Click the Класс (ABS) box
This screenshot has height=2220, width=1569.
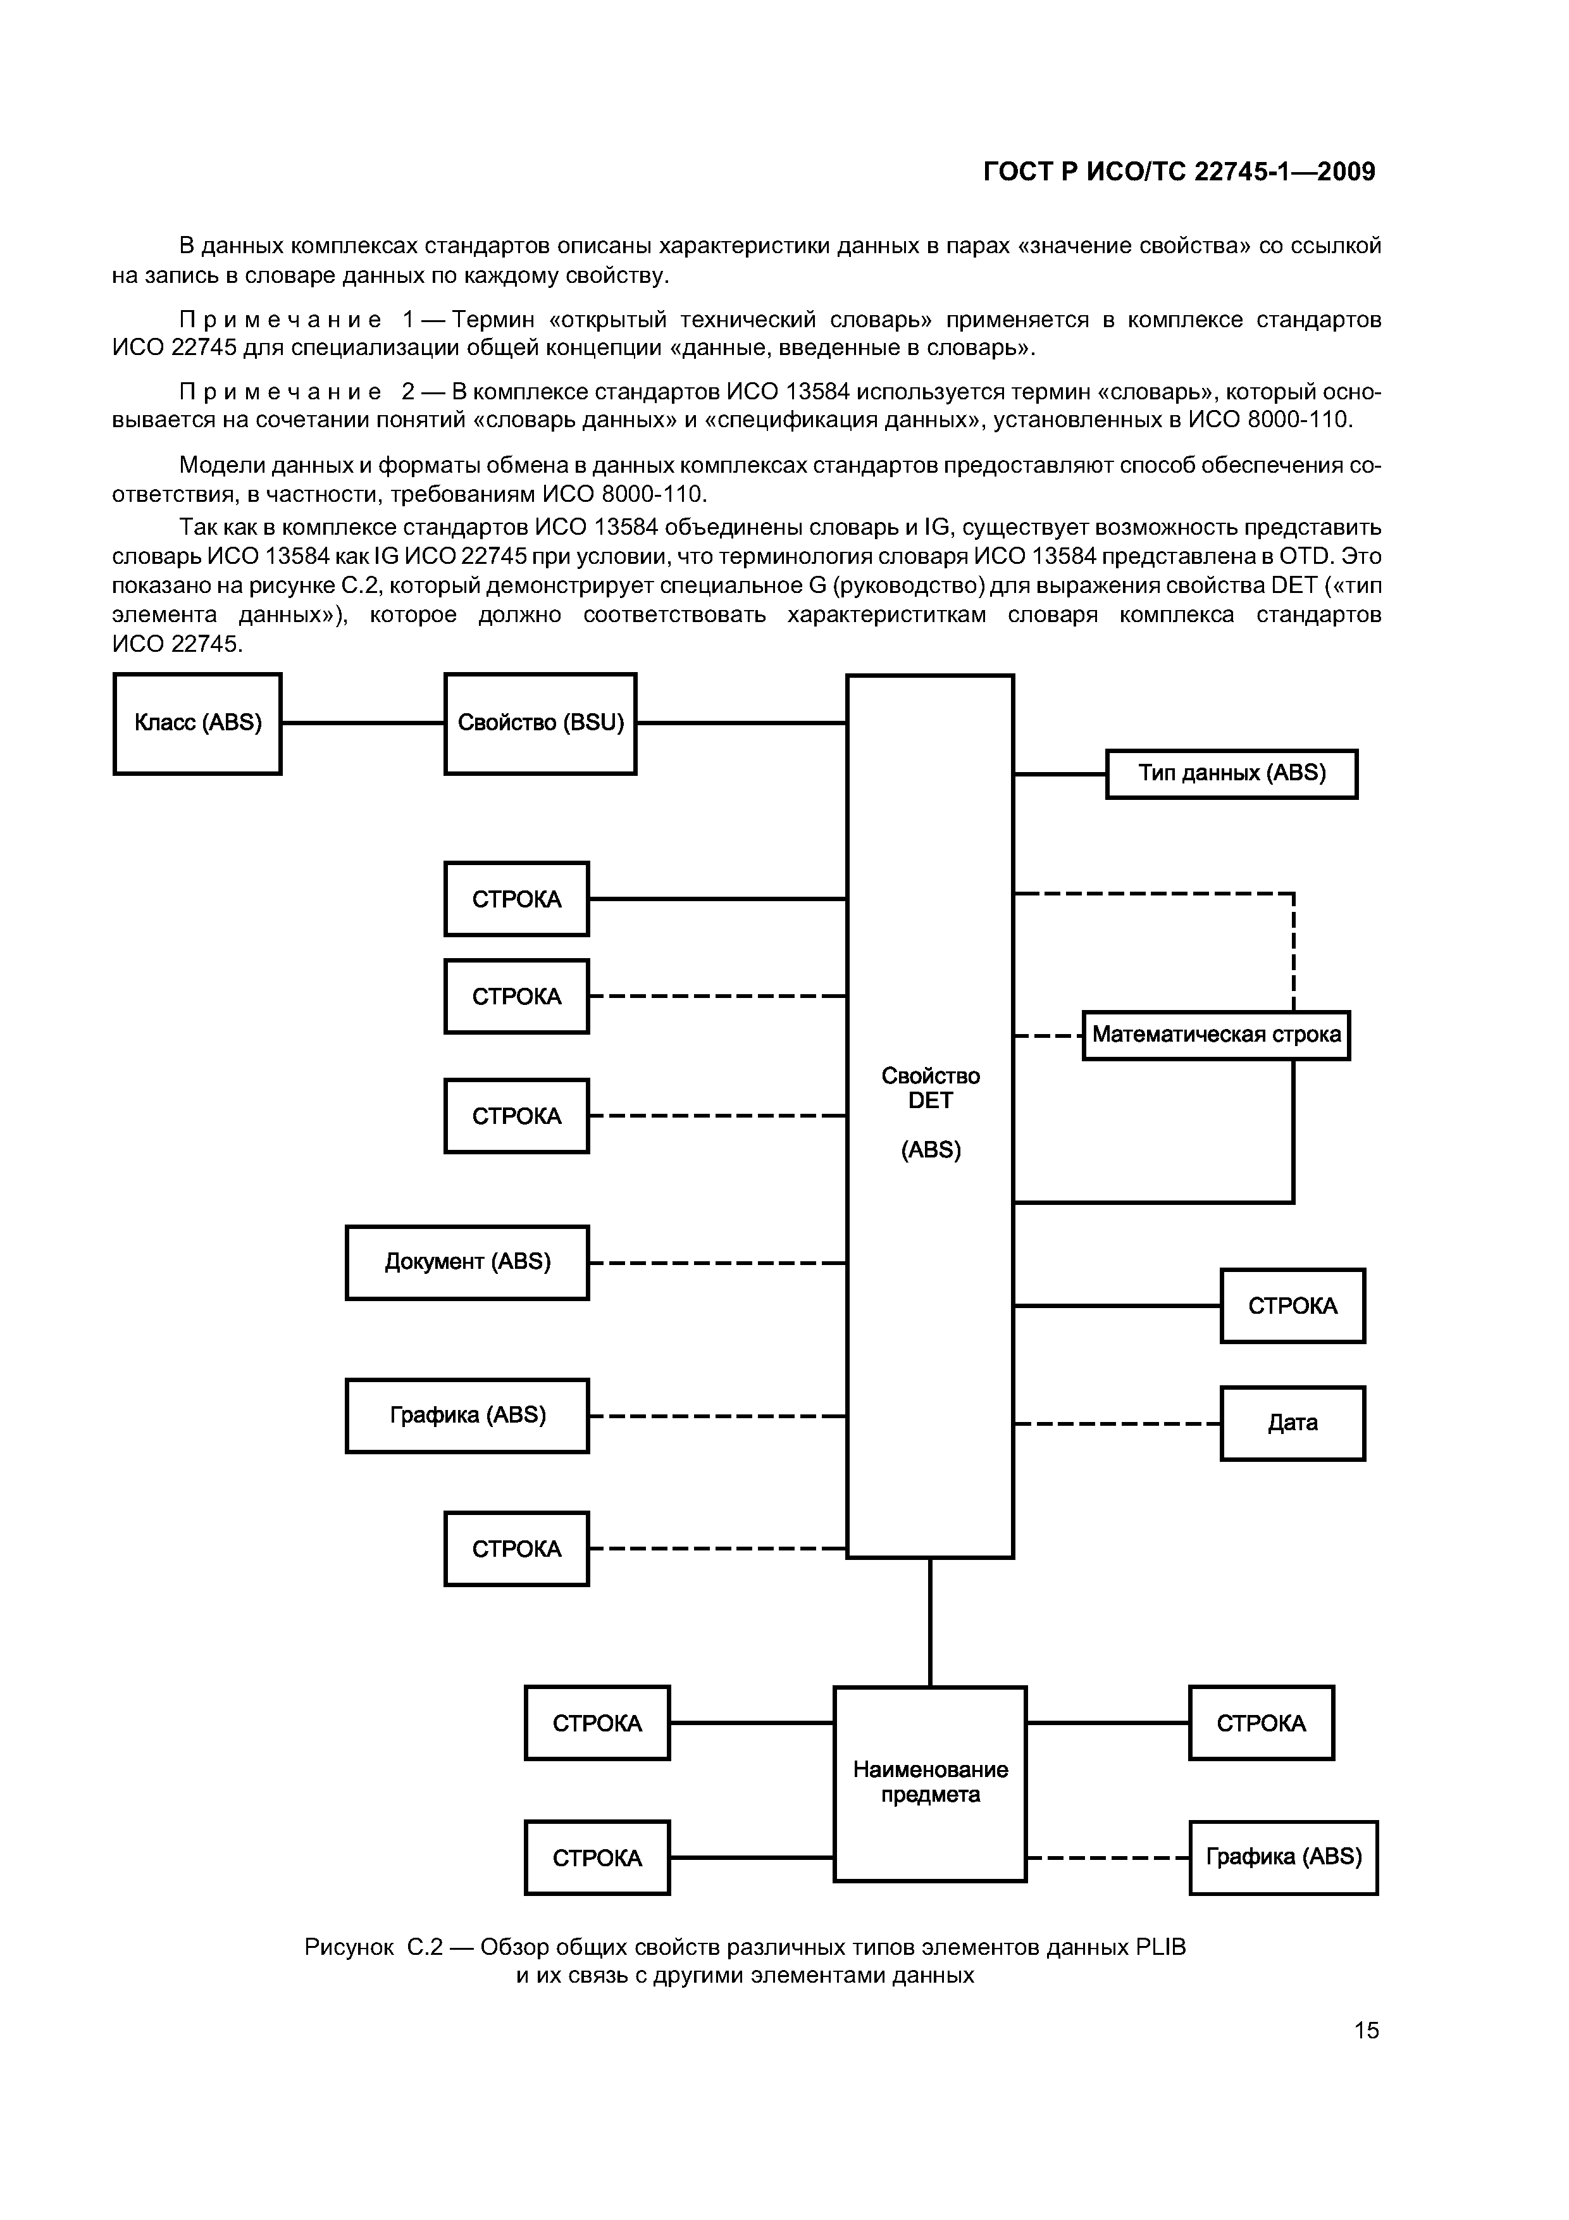point(197,723)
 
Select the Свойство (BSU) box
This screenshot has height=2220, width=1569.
point(540,723)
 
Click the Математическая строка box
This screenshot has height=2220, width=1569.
point(1215,1035)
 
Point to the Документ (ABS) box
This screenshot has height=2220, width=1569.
point(467,1262)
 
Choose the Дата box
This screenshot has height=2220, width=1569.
point(1293,1423)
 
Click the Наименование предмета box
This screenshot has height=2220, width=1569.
point(930,1782)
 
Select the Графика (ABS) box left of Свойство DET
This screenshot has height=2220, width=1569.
point(467,1416)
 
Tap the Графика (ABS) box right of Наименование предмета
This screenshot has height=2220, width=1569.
point(1283,1857)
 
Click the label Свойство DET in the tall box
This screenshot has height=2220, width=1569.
point(930,1088)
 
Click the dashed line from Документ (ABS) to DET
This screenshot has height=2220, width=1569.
point(717,1263)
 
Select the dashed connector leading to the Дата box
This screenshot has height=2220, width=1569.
point(1117,1423)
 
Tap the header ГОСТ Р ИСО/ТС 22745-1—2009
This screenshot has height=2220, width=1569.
point(1179,172)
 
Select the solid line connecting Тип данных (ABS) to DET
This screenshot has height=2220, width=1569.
point(1060,773)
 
